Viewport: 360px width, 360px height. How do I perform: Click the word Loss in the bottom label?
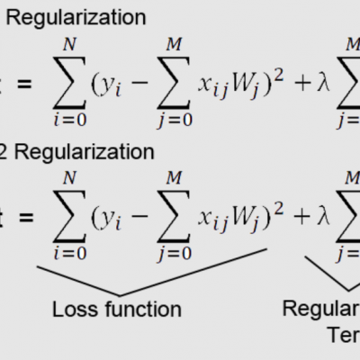click(x=74, y=310)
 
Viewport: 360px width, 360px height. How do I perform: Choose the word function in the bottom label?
click(x=140, y=310)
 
